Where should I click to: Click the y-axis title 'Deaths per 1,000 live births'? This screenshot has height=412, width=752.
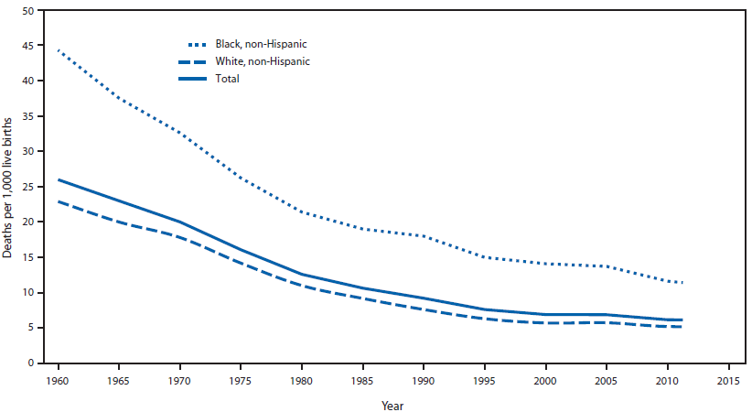[x=8, y=187]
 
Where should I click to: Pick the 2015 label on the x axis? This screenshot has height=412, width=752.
[x=728, y=379]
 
